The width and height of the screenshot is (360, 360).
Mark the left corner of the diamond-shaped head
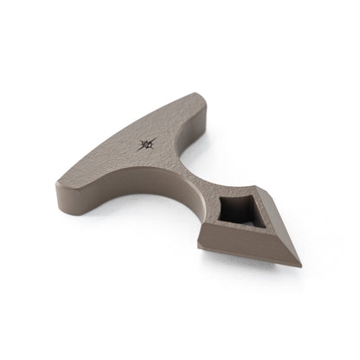click(201, 227)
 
